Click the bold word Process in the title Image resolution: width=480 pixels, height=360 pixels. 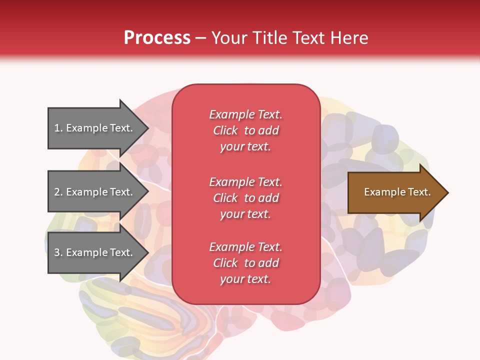coord(157,38)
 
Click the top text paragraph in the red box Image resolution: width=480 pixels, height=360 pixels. coord(245,130)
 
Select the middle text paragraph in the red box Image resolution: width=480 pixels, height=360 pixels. coord(245,198)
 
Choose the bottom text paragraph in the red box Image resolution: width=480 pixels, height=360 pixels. coord(245,263)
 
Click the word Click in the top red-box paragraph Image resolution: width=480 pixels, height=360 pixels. coord(225,130)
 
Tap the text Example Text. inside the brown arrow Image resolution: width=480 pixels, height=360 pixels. coord(397,192)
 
